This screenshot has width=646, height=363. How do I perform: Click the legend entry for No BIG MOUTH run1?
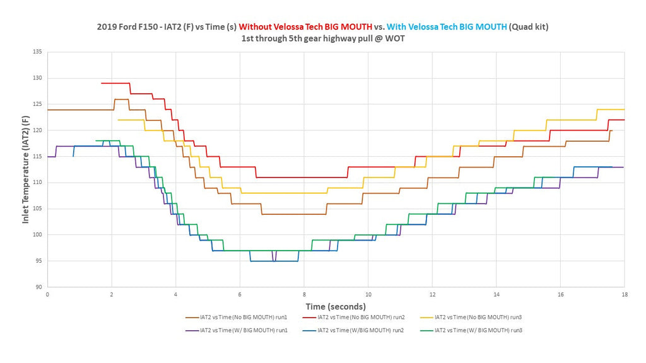pyautogui.click(x=236, y=318)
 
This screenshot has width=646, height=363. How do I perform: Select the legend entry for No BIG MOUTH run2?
pyautogui.click(x=353, y=318)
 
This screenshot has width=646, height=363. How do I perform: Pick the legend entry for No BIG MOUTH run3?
pyautogui.click(x=471, y=318)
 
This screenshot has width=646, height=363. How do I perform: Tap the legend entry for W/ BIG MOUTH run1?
pyautogui.click(x=236, y=330)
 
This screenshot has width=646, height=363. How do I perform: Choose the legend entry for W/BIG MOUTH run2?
pyautogui.click(x=353, y=330)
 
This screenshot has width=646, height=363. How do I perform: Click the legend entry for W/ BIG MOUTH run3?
pyautogui.click(x=471, y=330)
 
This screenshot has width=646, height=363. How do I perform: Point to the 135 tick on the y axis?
pyautogui.click(x=37, y=52)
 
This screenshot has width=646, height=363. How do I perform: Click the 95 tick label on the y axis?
pyautogui.click(x=38, y=261)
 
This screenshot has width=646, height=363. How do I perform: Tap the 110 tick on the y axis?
pyautogui.click(x=37, y=182)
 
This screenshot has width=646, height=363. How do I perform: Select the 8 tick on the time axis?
pyautogui.click(x=305, y=295)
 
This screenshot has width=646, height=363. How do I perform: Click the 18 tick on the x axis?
pyautogui.click(x=625, y=295)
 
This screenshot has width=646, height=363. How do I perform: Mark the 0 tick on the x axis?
pyautogui.click(x=47, y=295)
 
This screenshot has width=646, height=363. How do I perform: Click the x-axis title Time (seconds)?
pyautogui.click(x=336, y=307)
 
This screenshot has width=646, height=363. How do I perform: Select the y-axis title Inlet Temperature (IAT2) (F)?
pyautogui.click(x=25, y=170)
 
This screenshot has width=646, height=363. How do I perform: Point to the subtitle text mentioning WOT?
pyautogui.click(x=323, y=38)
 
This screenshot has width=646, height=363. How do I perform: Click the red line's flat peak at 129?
pyautogui.click(x=115, y=83)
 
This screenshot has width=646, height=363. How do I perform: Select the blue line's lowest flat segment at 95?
pyautogui.click(x=274, y=262)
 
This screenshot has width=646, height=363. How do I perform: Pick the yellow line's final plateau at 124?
pyautogui.click(x=611, y=110)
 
